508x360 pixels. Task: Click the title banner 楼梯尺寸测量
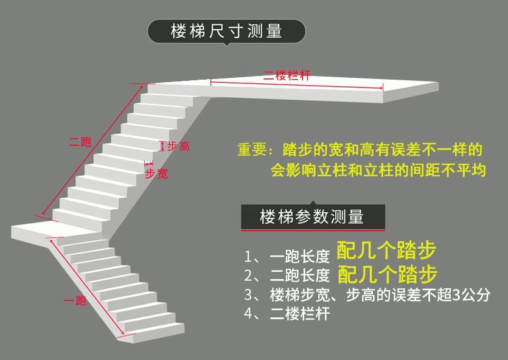click(226, 31)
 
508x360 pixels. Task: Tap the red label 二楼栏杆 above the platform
click(287, 76)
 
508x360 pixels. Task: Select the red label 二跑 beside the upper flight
click(80, 143)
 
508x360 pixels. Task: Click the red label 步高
click(178, 147)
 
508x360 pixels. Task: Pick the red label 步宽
click(156, 174)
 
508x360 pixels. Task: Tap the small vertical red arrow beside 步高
click(162, 146)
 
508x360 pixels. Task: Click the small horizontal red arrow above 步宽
click(148, 163)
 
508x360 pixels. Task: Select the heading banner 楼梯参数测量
click(311, 216)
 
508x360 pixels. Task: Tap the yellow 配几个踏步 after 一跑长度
click(386, 251)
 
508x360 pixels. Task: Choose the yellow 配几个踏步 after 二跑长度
click(386, 274)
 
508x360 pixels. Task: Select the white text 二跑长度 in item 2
click(299, 275)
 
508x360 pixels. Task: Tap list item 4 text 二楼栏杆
click(299, 314)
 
